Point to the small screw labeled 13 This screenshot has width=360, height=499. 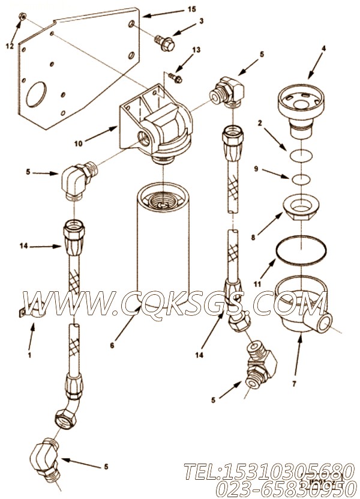pyautogui.click(x=173, y=76)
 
